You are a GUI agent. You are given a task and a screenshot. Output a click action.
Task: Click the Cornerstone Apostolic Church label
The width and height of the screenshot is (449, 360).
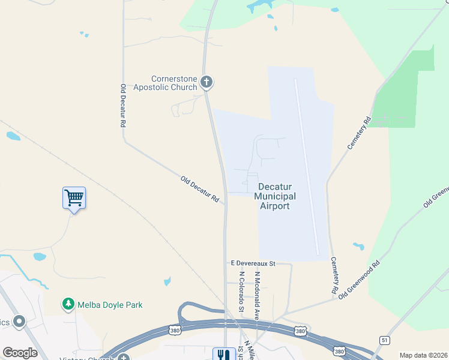click(x=173, y=83)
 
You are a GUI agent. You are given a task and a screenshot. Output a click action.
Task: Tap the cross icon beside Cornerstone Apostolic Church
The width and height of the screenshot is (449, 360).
click(x=206, y=82)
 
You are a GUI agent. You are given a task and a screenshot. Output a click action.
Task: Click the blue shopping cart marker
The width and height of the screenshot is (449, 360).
click(x=74, y=197)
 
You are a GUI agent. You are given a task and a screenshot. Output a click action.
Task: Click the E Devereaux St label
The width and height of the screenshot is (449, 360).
click(x=252, y=263)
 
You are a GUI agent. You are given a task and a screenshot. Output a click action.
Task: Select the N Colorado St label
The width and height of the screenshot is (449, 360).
click(x=241, y=291)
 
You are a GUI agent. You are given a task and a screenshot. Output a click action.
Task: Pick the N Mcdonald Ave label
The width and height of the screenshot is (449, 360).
click(x=256, y=295)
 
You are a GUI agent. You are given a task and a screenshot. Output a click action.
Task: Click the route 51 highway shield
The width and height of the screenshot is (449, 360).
click(x=384, y=340)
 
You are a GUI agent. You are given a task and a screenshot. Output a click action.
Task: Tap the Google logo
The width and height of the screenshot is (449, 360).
click(x=20, y=353)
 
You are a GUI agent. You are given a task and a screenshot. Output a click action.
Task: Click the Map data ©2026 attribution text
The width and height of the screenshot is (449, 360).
click(x=423, y=355)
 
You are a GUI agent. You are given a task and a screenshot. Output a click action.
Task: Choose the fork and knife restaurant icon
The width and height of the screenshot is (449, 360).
click(x=222, y=355)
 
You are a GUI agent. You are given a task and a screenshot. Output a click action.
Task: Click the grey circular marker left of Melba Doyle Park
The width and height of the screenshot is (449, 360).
click(x=19, y=322)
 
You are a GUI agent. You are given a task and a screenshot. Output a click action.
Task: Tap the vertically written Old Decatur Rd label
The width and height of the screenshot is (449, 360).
click(x=122, y=105)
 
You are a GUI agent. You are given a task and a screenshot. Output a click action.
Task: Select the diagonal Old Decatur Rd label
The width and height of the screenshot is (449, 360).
click(x=200, y=188)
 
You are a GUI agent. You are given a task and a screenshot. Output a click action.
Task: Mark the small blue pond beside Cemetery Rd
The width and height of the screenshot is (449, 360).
click(x=359, y=247)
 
